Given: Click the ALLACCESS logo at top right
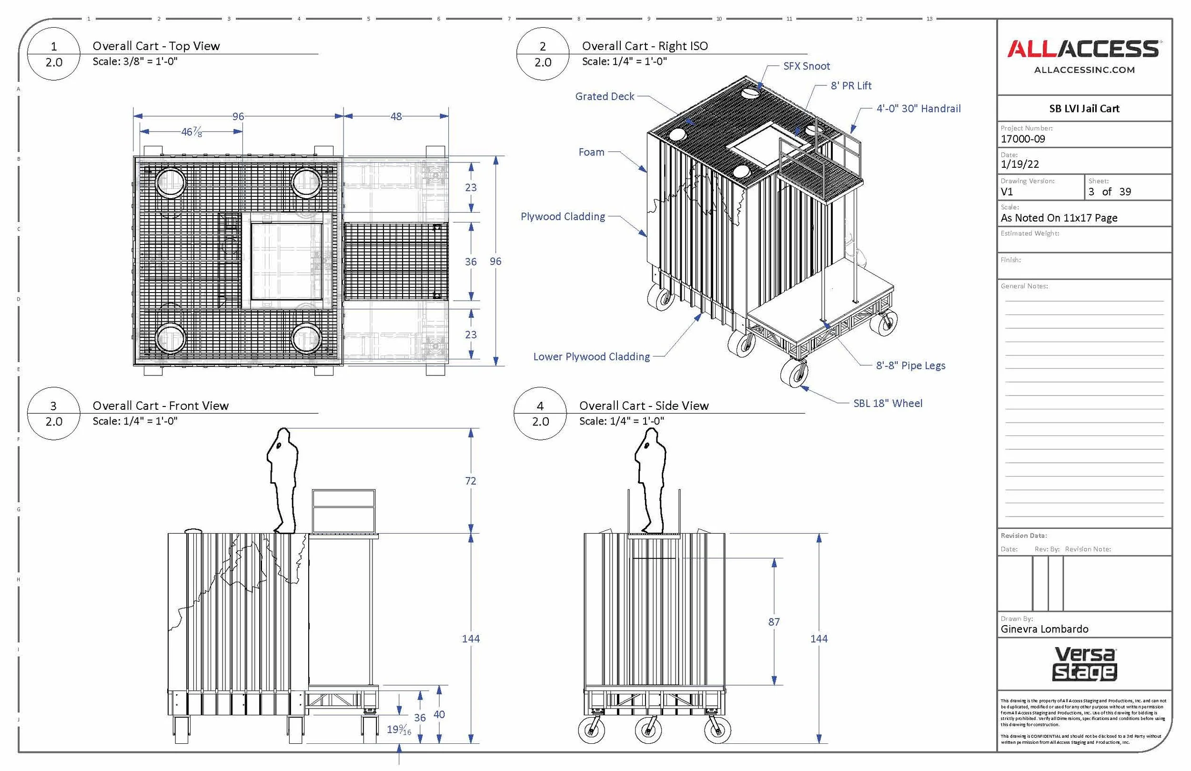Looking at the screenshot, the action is point(1084,49).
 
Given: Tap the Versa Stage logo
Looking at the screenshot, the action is point(1084,664).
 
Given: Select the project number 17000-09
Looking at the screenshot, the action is point(1023,139).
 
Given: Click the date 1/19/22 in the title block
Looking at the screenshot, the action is point(1020,164).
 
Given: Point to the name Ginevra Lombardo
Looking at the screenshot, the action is point(1044,629).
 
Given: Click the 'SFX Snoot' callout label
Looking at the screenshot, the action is point(806,66).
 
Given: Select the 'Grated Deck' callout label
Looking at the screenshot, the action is point(605,96).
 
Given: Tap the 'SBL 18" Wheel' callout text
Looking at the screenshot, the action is point(888,403).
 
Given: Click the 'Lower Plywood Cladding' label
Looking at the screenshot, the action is point(592,356).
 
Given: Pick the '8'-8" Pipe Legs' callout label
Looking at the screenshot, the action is point(911,365).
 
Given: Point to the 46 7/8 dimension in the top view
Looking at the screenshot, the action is point(192,132).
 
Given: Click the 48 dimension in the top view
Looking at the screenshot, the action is point(396,116).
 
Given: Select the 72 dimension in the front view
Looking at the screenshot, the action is point(470,481).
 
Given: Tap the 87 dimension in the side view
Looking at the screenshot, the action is point(774,622).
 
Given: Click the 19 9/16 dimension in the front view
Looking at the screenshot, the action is point(399,730).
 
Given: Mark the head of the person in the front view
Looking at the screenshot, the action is point(283,439).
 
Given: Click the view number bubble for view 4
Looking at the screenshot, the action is point(540,413).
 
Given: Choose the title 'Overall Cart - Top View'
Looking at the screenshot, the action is point(156,46).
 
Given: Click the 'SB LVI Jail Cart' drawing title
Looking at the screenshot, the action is point(1084,109).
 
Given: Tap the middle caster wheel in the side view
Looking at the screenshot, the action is point(648,730).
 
